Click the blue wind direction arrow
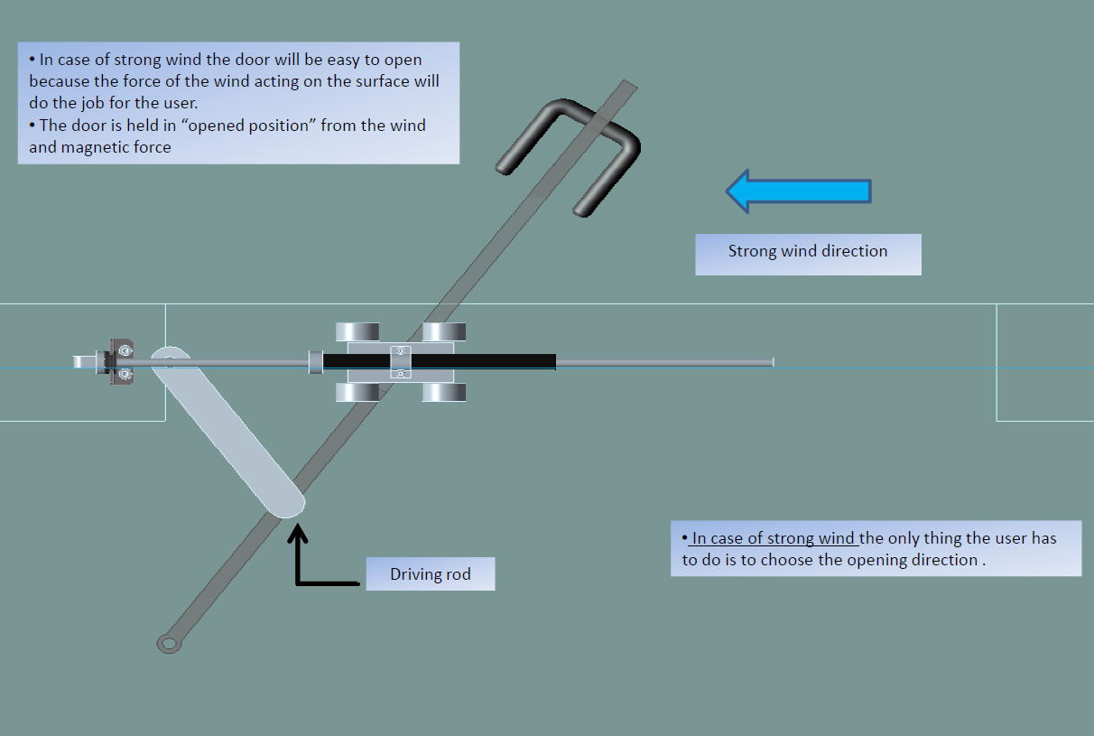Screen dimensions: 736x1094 pos(798,191)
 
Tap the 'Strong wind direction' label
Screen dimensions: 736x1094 pos(808,252)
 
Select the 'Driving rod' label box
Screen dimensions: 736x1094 pos(431,574)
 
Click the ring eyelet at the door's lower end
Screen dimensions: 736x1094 pos(168,643)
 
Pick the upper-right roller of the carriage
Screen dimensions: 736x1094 pos(444,331)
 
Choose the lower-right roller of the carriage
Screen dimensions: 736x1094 pos(444,392)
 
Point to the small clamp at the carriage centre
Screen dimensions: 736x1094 pos(401,361)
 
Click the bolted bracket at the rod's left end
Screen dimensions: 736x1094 pos(121,361)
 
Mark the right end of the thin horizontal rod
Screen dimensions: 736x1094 pos(772,362)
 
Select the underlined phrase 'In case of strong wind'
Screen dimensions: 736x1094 pos(774,539)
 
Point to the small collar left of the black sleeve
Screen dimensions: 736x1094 pos(315,361)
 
